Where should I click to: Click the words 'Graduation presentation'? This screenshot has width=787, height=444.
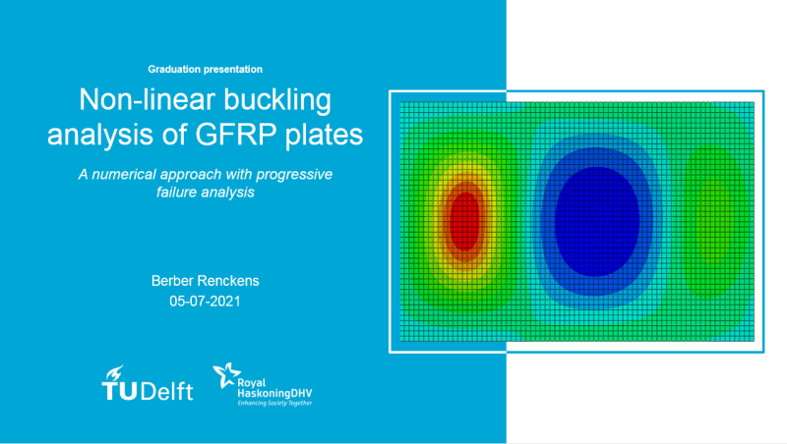pyautogui.click(x=205, y=69)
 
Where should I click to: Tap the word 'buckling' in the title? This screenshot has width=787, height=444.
pyautogui.click(x=277, y=100)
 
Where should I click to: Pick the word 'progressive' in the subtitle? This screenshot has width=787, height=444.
pyautogui.click(x=294, y=175)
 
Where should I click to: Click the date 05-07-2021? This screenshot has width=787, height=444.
pyautogui.click(x=205, y=302)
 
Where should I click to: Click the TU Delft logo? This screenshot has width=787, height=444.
pyautogui.click(x=148, y=384)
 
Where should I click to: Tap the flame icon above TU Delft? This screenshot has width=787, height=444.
pyautogui.click(x=115, y=373)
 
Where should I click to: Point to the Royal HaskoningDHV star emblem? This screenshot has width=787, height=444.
pyautogui.click(x=227, y=375)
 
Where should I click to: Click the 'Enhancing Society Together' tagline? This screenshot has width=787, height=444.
pyautogui.click(x=274, y=403)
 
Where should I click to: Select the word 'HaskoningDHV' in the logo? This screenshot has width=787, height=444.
pyautogui.click(x=274, y=393)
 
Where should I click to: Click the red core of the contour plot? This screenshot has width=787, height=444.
pyautogui.click(x=465, y=221)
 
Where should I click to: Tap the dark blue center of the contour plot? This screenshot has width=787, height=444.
pyautogui.click(x=597, y=221)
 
